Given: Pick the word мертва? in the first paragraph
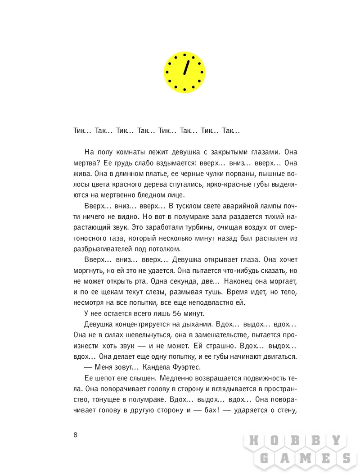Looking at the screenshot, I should pos(88,163).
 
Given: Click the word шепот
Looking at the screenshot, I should pos(106,378).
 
